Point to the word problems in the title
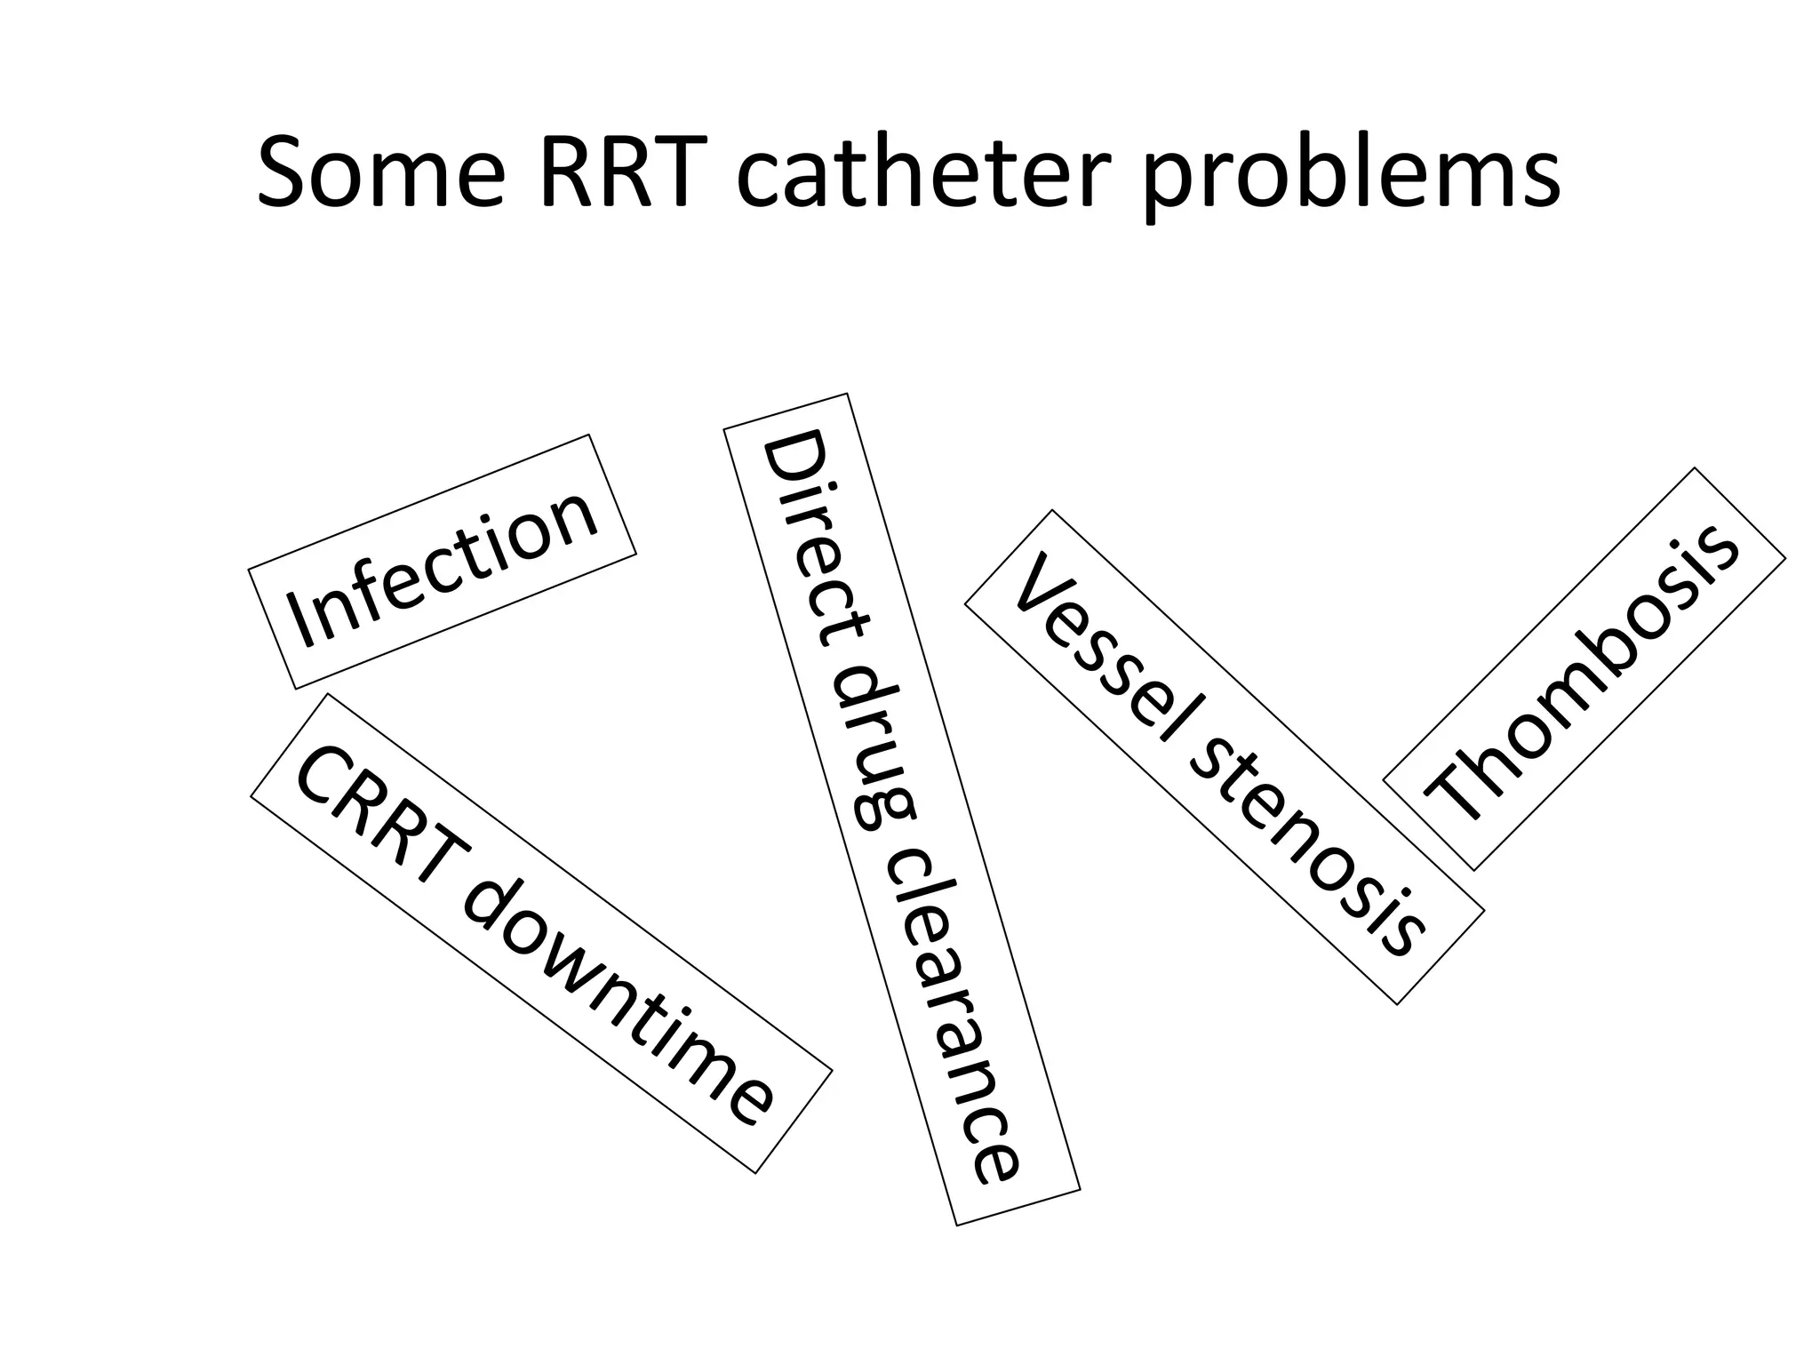click(x=1351, y=178)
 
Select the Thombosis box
click(x=1585, y=669)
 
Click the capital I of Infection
click(x=302, y=622)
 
